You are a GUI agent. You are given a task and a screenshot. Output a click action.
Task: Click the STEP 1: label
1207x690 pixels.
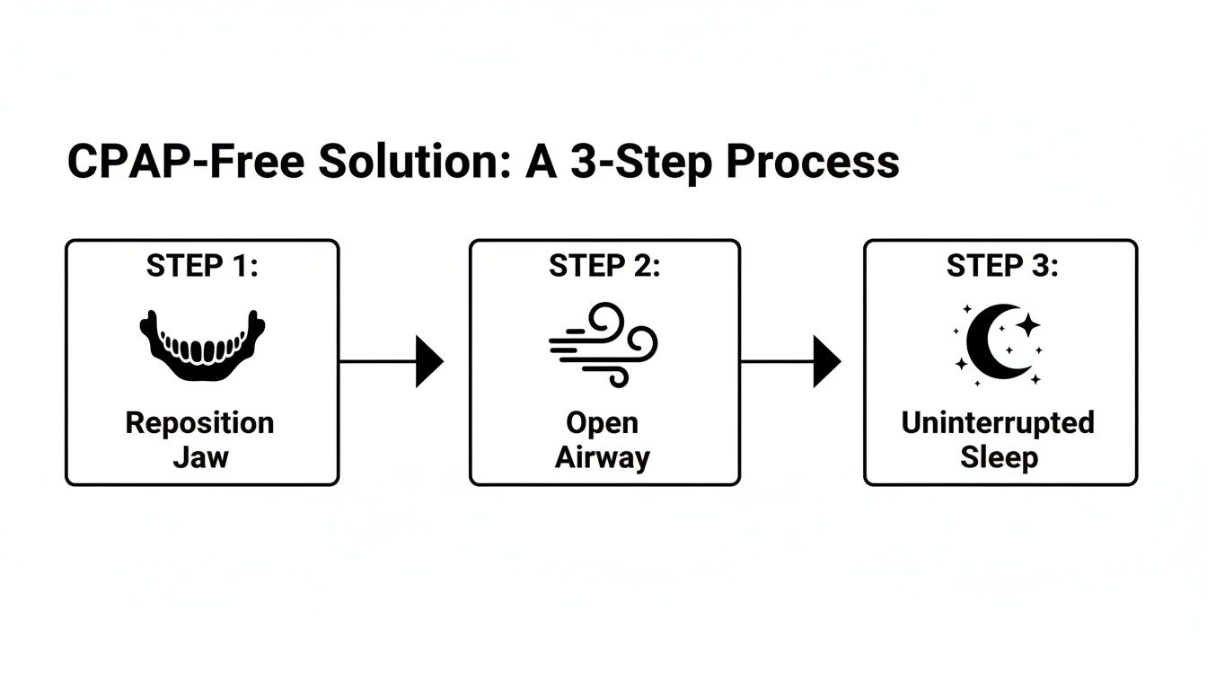click(202, 267)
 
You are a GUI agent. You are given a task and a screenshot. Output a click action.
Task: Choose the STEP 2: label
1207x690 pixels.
click(604, 267)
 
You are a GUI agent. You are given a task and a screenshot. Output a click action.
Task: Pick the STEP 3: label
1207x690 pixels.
click(1001, 267)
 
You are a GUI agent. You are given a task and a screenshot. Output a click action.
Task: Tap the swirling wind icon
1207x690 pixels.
click(603, 344)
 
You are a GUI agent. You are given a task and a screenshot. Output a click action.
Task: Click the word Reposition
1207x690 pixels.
click(199, 422)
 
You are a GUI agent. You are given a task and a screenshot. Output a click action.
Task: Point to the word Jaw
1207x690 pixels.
click(201, 457)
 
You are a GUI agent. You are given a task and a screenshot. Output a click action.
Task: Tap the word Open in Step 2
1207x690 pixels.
click(602, 422)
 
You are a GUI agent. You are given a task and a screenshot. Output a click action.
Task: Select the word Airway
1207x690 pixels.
click(602, 457)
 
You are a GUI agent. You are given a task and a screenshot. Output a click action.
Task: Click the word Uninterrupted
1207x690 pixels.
click(998, 422)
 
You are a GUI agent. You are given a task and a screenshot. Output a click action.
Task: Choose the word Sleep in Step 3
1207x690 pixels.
click(999, 457)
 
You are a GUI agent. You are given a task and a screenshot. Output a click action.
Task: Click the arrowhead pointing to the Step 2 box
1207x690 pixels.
click(428, 361)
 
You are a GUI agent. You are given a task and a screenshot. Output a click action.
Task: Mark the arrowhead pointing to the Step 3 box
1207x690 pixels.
click(826, 361)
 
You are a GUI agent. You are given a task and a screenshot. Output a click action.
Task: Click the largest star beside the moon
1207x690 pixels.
click(1027, 325)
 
